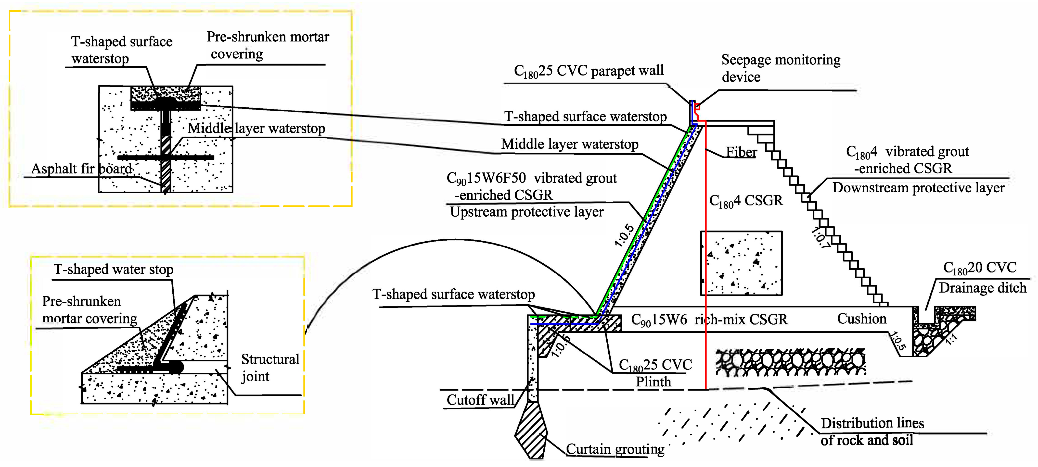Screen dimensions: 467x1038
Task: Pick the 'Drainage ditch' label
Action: (x=982, y=288)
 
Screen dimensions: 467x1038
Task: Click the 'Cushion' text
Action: (x=861, y=319)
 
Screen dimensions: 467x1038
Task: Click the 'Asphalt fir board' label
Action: (x=82, y=169)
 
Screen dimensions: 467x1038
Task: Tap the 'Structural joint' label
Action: (x=269, y=368)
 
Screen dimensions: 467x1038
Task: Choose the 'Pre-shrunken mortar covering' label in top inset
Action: (x=268, y=45)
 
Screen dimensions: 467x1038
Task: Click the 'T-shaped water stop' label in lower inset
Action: (x=114, y=269)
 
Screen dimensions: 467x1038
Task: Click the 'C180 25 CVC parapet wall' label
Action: (x=588, y=71)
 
